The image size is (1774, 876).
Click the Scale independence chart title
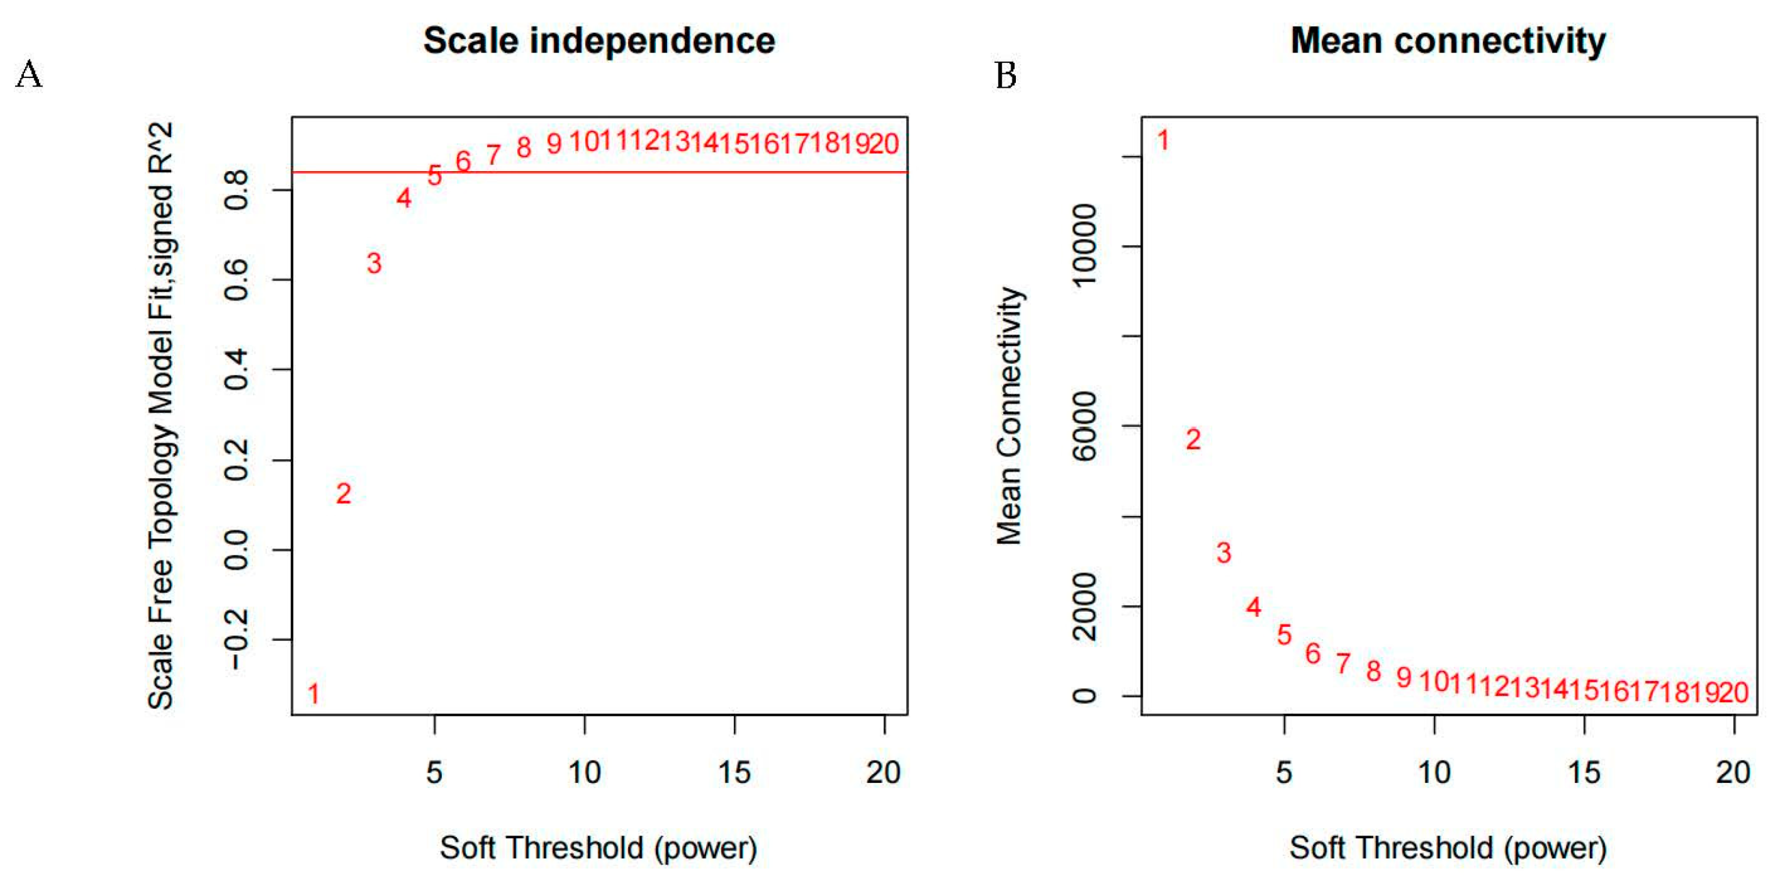[599, 41]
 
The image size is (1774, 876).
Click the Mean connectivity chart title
[1447, 41]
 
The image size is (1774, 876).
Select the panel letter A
[29, 74]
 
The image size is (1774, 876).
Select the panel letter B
[1006, 74]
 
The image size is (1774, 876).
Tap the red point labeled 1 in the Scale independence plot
[314, 694]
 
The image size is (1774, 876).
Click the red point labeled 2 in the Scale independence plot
[343, 493]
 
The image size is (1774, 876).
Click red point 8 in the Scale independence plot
[524, 147]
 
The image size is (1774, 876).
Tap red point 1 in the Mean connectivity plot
[1163, 140]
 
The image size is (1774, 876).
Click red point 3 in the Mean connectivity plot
[1224, 552]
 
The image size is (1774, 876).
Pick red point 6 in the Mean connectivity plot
[1313, 653]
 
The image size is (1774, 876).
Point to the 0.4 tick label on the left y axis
[236, 370]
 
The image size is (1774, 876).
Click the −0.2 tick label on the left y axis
[236, 640]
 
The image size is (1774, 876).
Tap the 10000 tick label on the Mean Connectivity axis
[1085, 246]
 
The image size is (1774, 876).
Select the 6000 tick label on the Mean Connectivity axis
[1085, 426]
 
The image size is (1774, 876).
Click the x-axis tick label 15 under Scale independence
[734, 773]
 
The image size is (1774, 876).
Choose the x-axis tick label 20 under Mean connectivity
[1733, 773]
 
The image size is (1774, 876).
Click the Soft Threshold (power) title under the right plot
[1447, 848]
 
